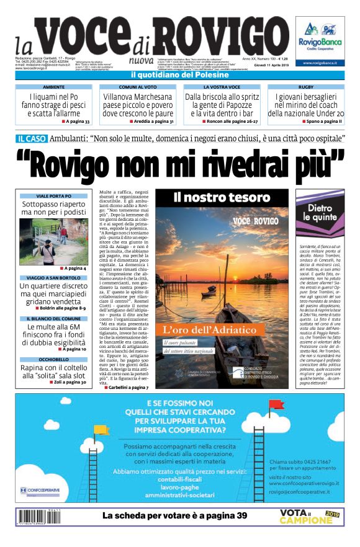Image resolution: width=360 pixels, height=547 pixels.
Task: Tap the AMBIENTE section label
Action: point(53,87)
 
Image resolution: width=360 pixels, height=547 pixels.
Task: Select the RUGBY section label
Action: point(305,87)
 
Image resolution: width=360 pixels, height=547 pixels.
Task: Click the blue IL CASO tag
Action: point(30,140)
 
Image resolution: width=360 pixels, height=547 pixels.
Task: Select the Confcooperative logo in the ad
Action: point(40,490)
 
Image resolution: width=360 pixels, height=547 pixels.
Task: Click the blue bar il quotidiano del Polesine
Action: point(180,75)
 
